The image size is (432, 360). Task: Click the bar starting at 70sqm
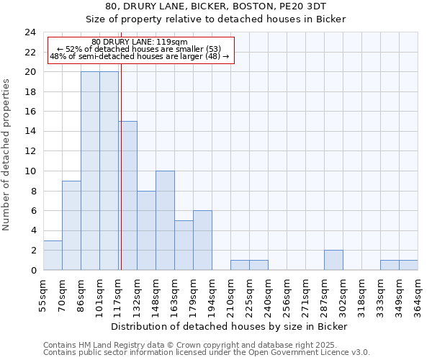(71, 225)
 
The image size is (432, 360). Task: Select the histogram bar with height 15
(127, 196)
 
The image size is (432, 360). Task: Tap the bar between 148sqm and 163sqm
(165, 220)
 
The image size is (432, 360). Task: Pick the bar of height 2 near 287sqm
(333, 260)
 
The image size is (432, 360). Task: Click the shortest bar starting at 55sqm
(53, 255)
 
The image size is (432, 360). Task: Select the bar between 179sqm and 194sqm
(202, 240)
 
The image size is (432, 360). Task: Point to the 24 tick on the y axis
(30, 32)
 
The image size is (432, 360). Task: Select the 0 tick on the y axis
(32, 271)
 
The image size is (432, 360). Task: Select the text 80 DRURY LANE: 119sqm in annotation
(140, 42)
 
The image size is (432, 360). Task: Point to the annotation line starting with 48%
(140, 56)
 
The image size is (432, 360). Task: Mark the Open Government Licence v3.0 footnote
(310, 353)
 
